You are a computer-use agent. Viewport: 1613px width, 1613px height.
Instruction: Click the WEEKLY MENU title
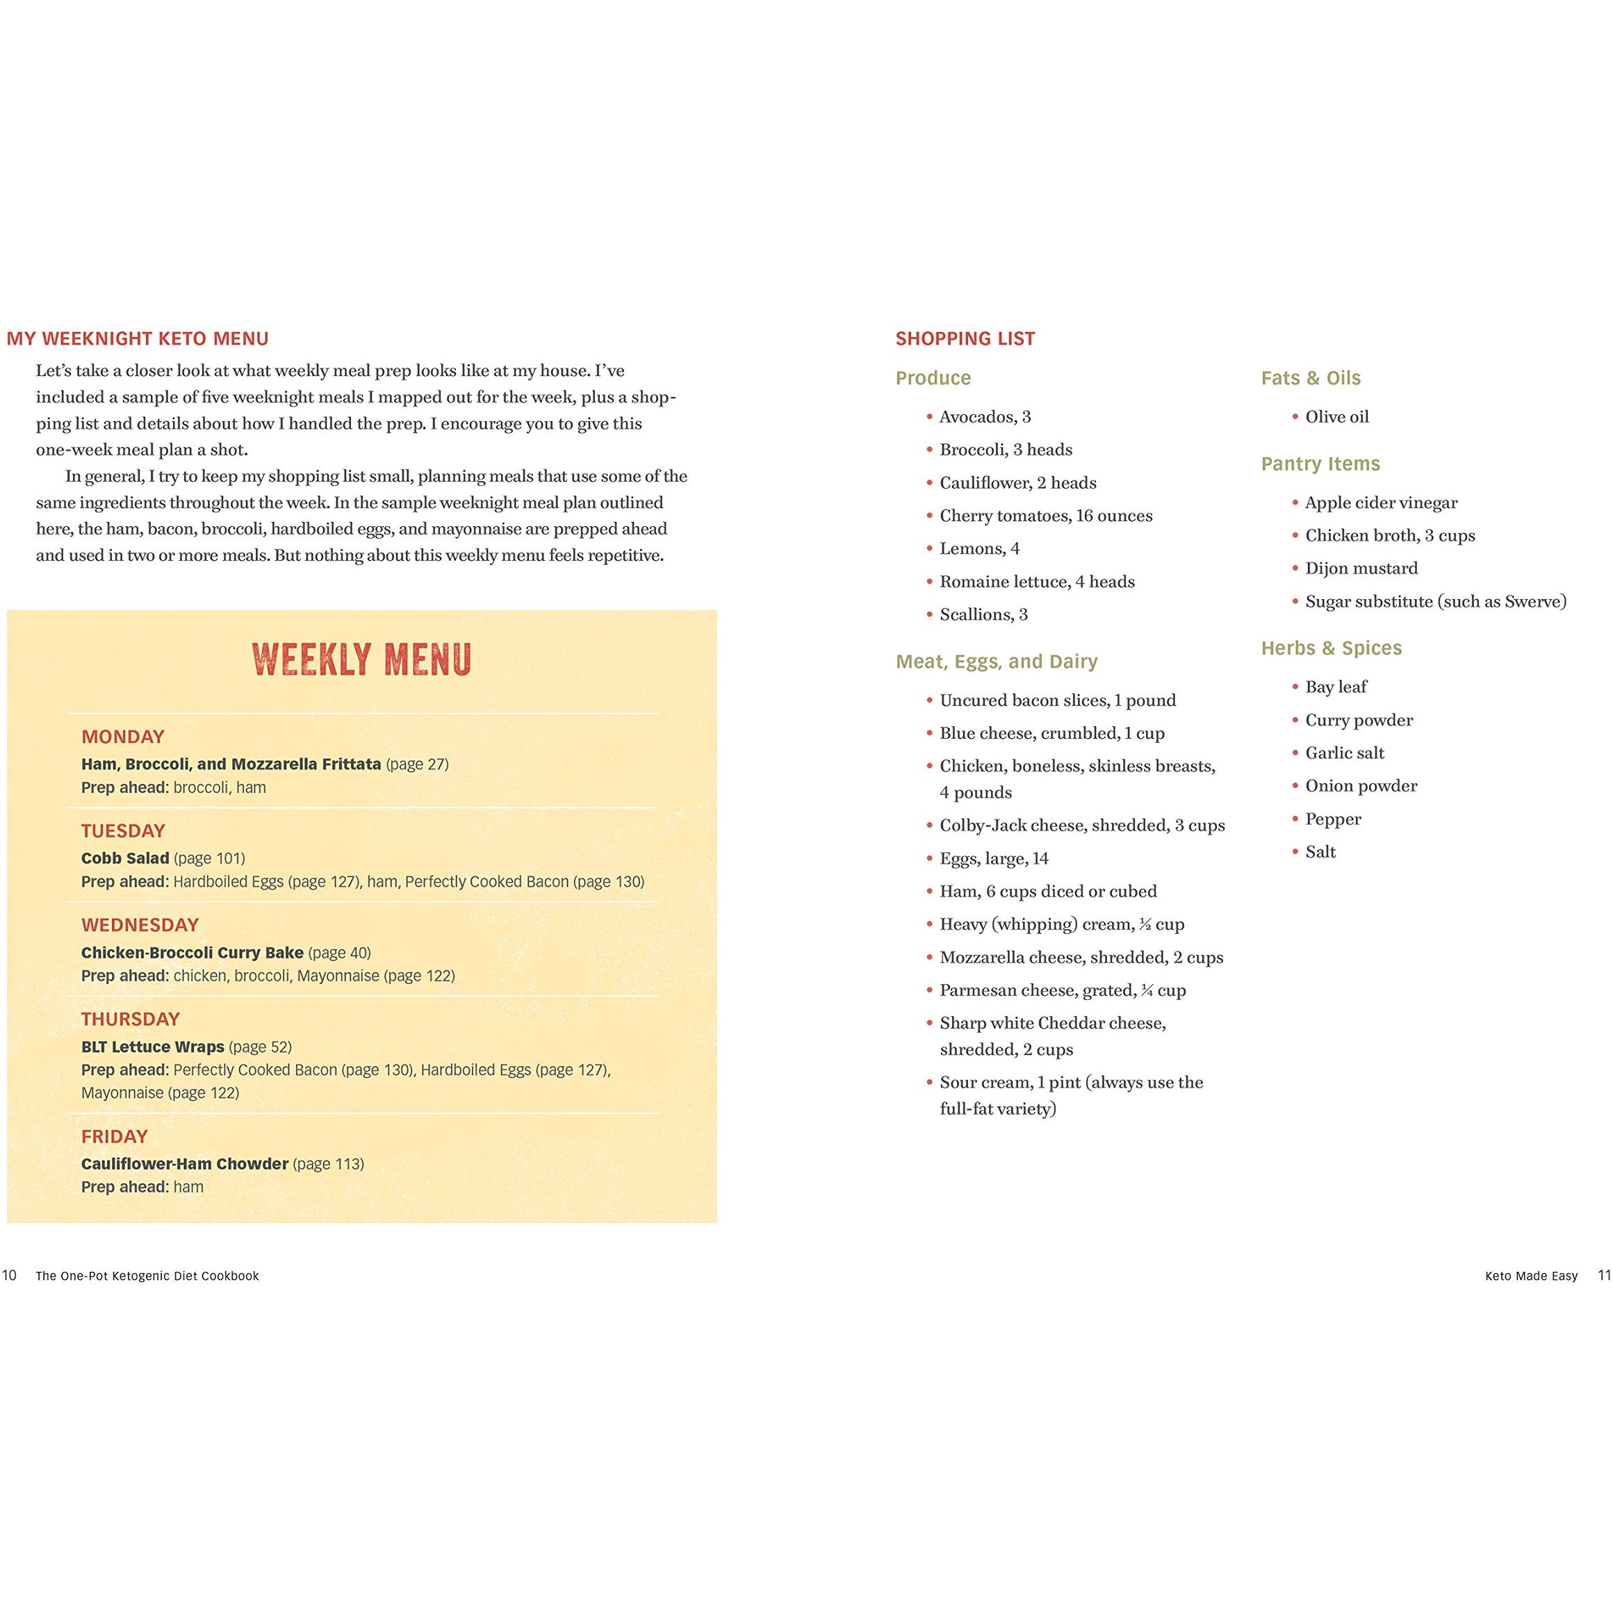click(361, 660)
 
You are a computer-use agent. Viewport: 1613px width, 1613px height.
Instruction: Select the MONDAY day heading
click(123, 737)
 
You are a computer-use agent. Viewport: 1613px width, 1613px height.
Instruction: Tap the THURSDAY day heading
click(130, 1019)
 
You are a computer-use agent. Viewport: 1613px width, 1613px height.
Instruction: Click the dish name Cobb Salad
click(125, 858)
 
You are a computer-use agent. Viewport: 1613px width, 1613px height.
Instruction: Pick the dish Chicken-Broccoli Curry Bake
click(192, 952)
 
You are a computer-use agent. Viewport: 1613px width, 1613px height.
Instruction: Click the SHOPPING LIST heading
click(965, 338)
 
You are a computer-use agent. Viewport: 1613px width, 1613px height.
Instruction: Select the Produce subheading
click(933, 377)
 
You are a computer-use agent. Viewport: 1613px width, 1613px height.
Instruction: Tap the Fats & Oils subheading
click(1310, 377)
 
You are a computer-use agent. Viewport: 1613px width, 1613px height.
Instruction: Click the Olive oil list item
click(1336, 416)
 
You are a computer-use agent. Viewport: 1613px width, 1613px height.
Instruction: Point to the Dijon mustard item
click(1361, 568)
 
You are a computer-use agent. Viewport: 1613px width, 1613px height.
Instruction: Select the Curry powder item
click(1359, 720)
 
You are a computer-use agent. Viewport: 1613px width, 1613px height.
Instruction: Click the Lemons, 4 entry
click(979, 548)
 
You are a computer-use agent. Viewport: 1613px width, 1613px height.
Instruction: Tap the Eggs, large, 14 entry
click(994, 858)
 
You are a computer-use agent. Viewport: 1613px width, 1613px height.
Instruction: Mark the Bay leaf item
click(1336, 687)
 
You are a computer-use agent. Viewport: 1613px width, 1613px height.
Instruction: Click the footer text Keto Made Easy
click(1530, 1276)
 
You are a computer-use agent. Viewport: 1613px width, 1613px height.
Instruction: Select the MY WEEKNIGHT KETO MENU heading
click(138, 338)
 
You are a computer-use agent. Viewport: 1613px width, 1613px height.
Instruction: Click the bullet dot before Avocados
click(928, 416)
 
